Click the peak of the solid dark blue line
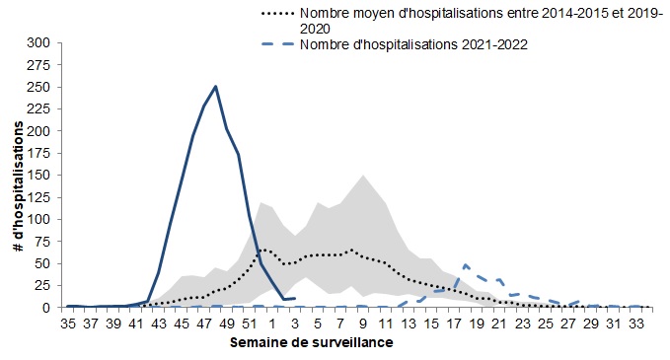(215, 87)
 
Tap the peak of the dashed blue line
(465, 264)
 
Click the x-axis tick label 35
(68, 322)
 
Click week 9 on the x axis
(363, 322)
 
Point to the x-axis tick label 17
(453, 322)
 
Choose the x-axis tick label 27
(566, 322)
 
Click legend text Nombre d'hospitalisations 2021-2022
(411, 44)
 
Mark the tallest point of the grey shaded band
(363, 176)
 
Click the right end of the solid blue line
(294, 298)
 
